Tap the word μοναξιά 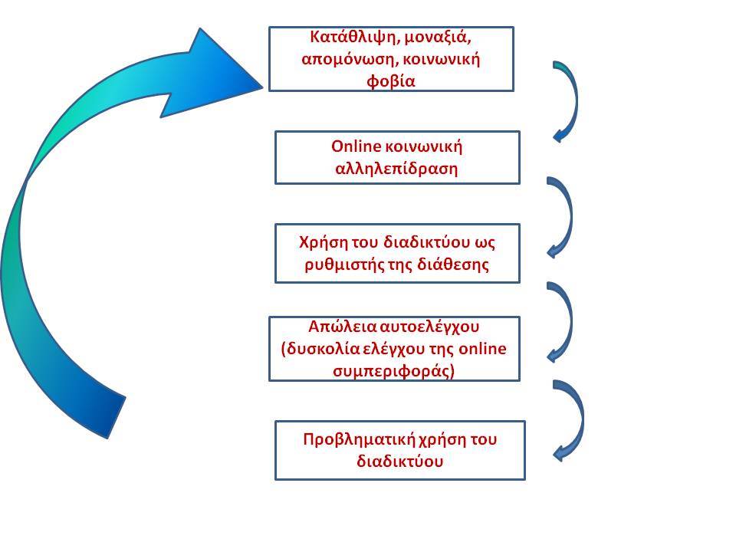(438, 37)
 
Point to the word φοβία (391, 81)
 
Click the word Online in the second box (356, 146)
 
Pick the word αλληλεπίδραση (396, 169)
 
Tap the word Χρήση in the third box (318, 242)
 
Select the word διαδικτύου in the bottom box (400, 461)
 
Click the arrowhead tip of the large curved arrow (262, 87)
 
